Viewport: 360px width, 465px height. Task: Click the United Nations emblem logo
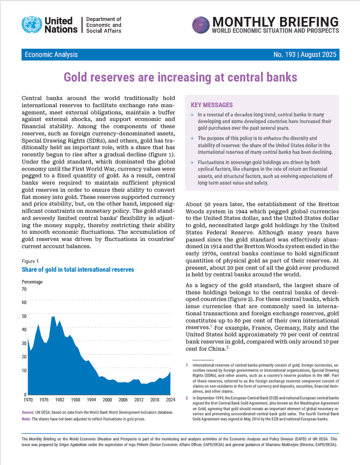tap(32, 24)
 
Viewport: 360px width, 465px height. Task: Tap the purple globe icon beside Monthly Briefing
tap(201, 24)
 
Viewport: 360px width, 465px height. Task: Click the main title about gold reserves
tap(180, 77)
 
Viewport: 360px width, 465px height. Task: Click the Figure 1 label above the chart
tap(30, 261)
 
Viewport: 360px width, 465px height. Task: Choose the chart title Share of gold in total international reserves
tap(78, 269)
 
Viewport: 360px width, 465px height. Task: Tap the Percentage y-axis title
tap(32, 281)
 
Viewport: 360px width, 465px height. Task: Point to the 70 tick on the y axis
tap(24, 289)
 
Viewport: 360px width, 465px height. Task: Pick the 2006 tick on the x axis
tap(123, 399)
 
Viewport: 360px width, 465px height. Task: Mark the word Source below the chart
tap(29, 412)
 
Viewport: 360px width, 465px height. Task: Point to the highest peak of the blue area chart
tap(54, 317)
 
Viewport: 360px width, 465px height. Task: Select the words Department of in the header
tap(105, 18)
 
